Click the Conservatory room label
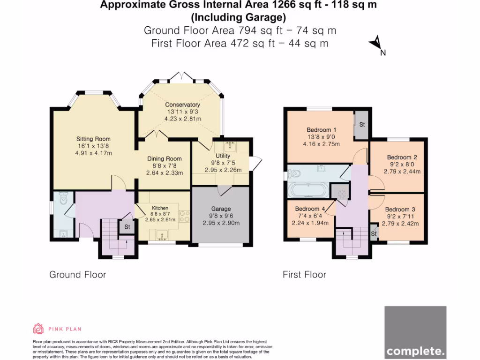(182, 105)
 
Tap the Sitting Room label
(93, 139)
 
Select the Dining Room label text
(165, 159)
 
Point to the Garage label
(221, 209)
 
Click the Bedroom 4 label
(310, 209)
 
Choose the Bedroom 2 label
(402, 157)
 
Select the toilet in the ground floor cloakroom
(63, 198)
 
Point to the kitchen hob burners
(184, 216)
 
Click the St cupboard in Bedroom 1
(361, 125)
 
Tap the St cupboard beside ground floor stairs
(127, 227)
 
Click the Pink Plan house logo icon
(38, 329)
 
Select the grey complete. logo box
(415, 332)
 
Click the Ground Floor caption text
(78, 275)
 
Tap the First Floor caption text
(305, 275)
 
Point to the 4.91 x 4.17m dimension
(93, 153)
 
